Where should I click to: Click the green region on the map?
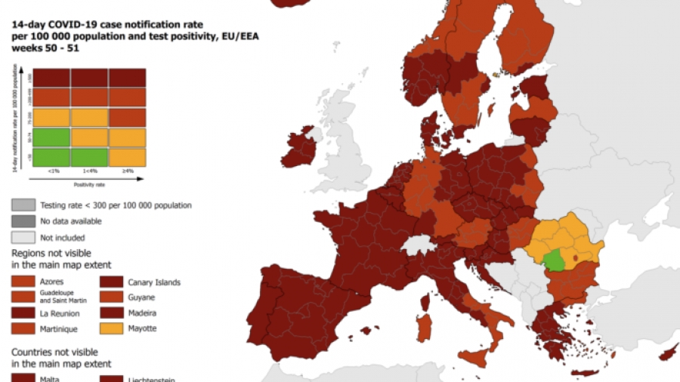pyautogui.click(x=555, y=261)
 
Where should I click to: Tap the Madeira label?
pyautogui.click(x=141, y=313)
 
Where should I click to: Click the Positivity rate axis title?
pyautogui.click(x=89, y=183)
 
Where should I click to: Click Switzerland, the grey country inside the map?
pyautogui.click(x=416, y=245)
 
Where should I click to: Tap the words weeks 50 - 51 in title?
pyautogui.click(x=45, y=48)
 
